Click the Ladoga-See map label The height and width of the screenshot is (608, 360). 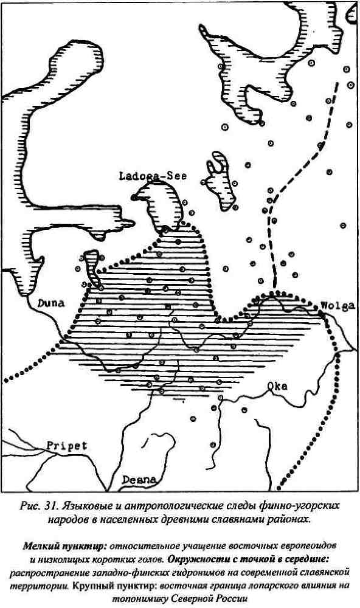[153, 177]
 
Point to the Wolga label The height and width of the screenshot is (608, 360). [337, 306]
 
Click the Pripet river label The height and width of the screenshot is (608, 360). [66, 446]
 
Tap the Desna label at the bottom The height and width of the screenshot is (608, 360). [139, 479]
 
